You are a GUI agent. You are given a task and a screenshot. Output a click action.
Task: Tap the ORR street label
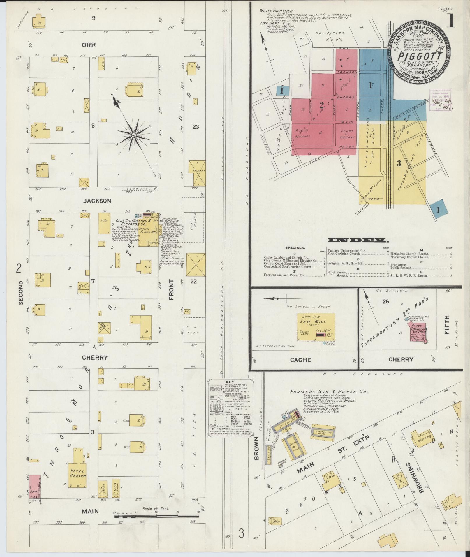[89, 45]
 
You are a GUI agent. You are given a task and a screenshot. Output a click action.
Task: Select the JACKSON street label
[93, 201]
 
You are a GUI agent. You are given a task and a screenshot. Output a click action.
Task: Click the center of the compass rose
[133, 135]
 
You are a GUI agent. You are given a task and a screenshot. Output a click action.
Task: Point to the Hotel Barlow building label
[78, 473]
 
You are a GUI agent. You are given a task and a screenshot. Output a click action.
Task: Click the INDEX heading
[358, 240]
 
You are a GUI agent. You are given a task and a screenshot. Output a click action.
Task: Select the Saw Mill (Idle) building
[316, 327]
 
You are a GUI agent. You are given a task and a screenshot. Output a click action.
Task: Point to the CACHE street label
[301, 360]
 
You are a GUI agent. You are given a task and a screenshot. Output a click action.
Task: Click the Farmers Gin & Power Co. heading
[329, 392]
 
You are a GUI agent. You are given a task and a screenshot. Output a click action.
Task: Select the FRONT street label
[171, 289]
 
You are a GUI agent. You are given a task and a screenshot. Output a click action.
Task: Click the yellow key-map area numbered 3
[399, 163]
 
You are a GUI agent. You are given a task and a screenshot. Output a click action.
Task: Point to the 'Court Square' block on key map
[347, 134]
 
